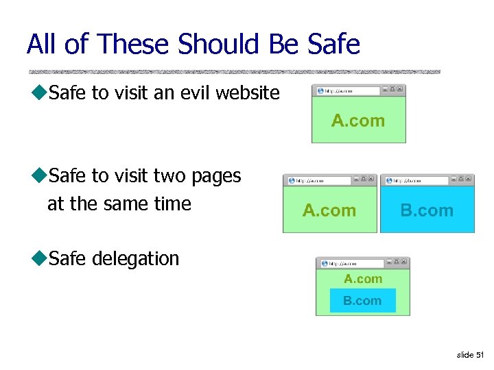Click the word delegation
[x=135, y=258]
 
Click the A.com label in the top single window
[x=358, y=121]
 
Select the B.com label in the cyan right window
[x=427, y=210]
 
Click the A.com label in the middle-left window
[x=329, y=210]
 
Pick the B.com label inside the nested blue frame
[x=362, y=300]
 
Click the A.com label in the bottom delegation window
[x=363, y=279]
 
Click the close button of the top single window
[x=401, y=90]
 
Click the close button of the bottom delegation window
[x=404, y=262]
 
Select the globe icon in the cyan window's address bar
[x=389, y=180]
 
